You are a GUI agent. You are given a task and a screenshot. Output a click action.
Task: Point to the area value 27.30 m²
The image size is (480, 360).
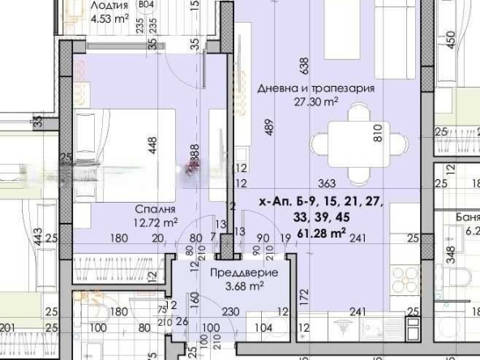click(317, 102)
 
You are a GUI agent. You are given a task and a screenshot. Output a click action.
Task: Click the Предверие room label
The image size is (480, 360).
click(243, 272)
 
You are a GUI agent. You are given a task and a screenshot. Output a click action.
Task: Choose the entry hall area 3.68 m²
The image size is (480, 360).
click(243, 285)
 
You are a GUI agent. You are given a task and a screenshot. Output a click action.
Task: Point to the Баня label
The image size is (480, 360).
click(467, 217)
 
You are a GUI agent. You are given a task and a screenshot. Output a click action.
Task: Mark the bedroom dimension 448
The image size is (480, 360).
click(152, 145)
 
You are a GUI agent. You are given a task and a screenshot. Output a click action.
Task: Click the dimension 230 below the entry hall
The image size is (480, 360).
click(230, 311)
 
